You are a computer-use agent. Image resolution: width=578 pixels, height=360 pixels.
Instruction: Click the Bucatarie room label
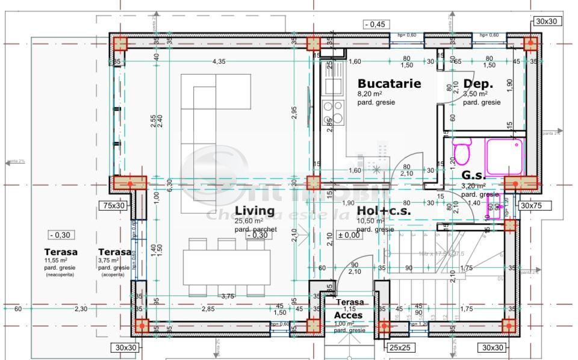coord(389,84)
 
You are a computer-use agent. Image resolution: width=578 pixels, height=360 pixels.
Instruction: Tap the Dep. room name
coord(479,84)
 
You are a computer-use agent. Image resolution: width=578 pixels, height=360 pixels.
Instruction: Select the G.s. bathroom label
coord(473,176)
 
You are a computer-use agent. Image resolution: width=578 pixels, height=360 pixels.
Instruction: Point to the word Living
coord(255,211)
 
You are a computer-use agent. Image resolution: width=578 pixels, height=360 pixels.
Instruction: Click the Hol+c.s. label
coord(384,211)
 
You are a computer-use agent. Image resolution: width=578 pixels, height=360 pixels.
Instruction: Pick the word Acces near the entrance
coord(349,315)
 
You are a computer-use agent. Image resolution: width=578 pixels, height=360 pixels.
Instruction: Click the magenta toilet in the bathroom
coord(462,152)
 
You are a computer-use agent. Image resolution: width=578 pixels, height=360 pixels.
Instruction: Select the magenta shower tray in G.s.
coord(505,157)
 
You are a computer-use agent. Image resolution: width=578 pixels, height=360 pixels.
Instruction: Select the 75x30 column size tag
coord(114,205)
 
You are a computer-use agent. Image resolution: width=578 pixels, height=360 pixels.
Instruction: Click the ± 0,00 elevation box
coord(349,235)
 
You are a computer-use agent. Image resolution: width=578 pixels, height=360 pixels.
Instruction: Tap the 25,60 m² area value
coord(248,221)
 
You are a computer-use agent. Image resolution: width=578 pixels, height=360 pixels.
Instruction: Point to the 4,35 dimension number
coord(219,61)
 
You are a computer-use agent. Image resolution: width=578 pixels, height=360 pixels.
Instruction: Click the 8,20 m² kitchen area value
coord(370,94)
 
